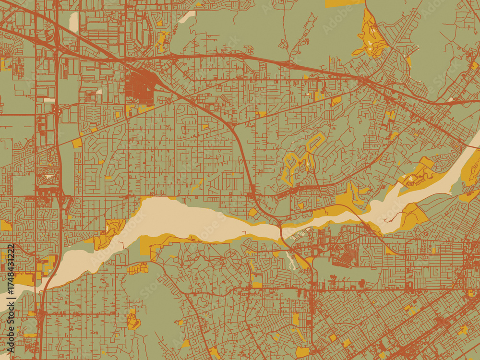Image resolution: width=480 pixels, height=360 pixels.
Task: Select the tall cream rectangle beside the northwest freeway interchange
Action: coord(73,22)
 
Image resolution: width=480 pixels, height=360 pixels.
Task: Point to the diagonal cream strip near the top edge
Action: coord(188,16)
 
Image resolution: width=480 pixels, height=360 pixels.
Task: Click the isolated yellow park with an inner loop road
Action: coord(133,321)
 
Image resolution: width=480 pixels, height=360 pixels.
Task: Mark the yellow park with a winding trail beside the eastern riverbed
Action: coord(413,216)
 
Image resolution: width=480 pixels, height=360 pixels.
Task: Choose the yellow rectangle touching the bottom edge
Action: coord(302,352)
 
